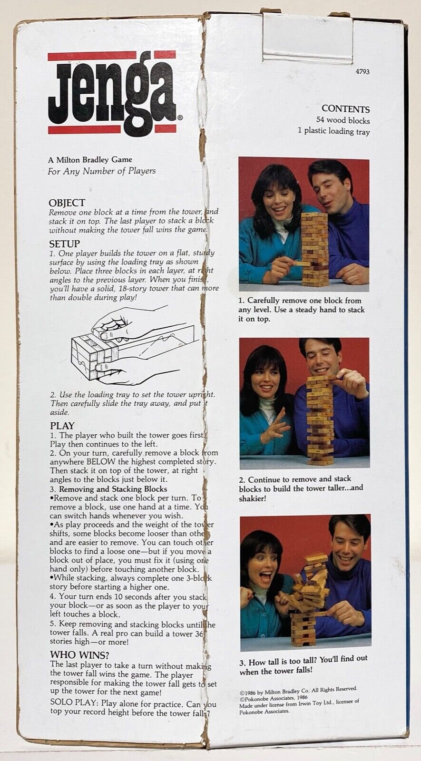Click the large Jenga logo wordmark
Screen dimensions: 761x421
pos(113,93)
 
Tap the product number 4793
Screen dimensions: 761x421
pos(362,72)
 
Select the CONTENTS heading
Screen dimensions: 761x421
pos(345,109)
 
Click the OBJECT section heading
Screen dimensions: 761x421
pos(67,203)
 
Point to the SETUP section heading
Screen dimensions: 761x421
pos(65,244)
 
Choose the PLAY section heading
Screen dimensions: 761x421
pos(62,426)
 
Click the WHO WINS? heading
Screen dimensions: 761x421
pos(79,655)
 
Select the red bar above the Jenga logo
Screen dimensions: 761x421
pos(112,56)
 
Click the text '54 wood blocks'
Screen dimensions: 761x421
pos(343,120)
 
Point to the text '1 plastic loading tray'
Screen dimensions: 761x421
pos(333,131)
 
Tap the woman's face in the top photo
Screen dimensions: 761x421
pos(273,196)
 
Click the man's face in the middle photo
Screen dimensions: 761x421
pos(320,358)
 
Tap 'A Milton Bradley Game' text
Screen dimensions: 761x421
pos(90,160)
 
